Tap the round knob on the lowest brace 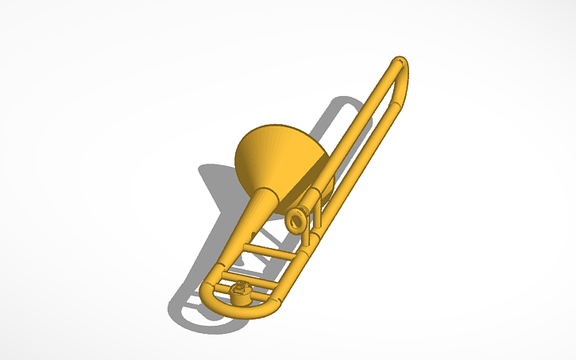pos(241,294)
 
